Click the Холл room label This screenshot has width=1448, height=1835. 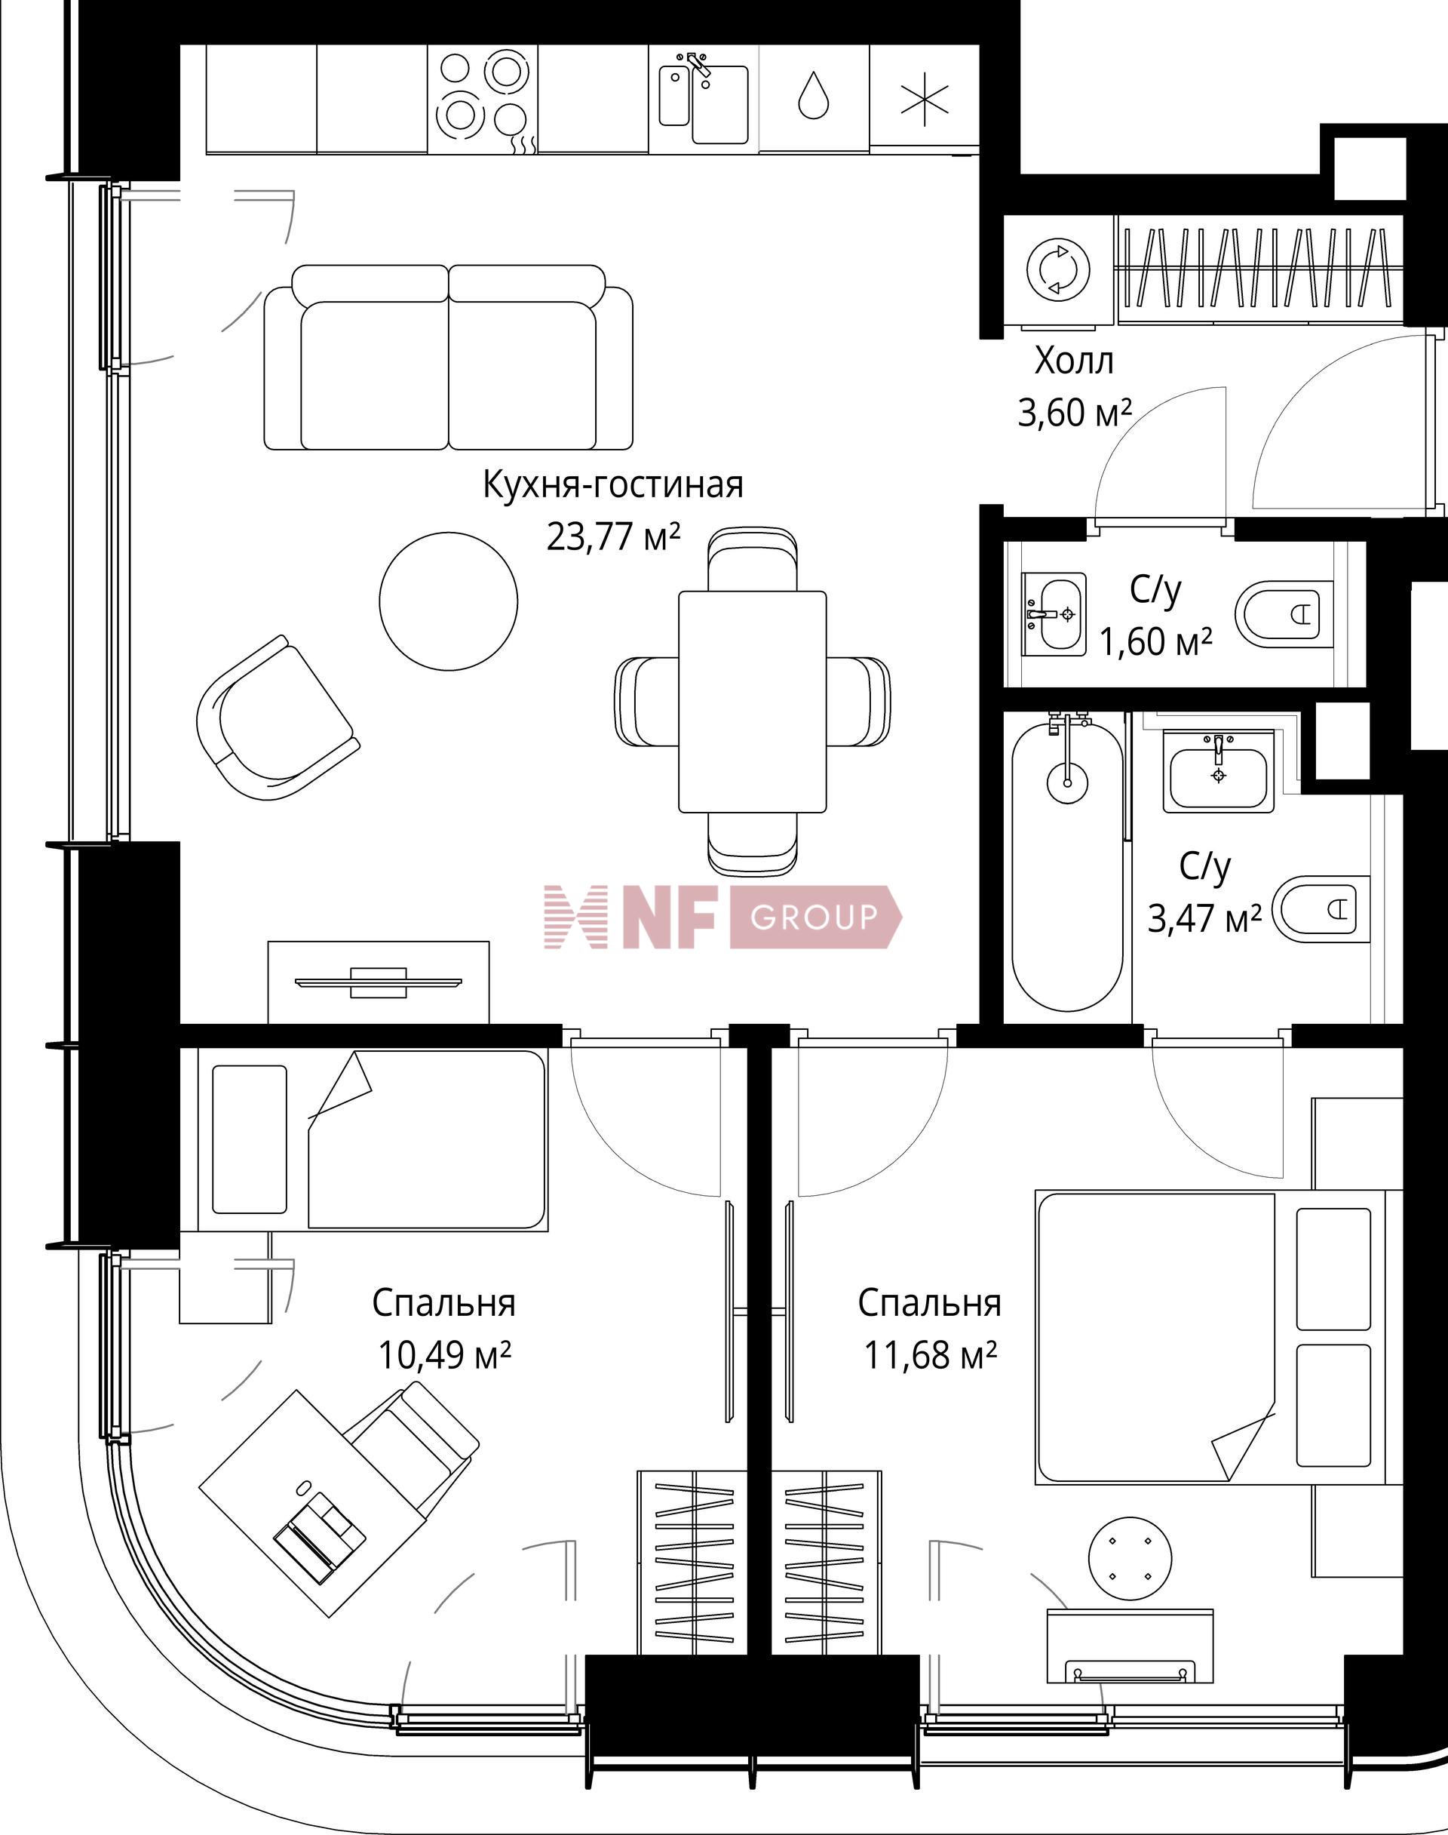[1073, 362]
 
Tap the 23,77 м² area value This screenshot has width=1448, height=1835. [613, 536]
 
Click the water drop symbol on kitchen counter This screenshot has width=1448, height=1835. [813, 95]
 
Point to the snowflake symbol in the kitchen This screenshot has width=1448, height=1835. [924, 98]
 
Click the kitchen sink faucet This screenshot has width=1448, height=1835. [698, 63]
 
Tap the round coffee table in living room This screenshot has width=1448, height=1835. [448, 601]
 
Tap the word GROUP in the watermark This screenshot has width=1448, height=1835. [813, 917]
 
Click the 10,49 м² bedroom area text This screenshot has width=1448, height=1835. [443, 1355]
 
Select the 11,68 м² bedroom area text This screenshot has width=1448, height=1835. [929, 1355]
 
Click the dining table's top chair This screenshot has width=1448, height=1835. [752, 560]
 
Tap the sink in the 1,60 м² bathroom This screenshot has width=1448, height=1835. [1053, 614]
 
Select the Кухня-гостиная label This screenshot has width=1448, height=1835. [613, 485]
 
